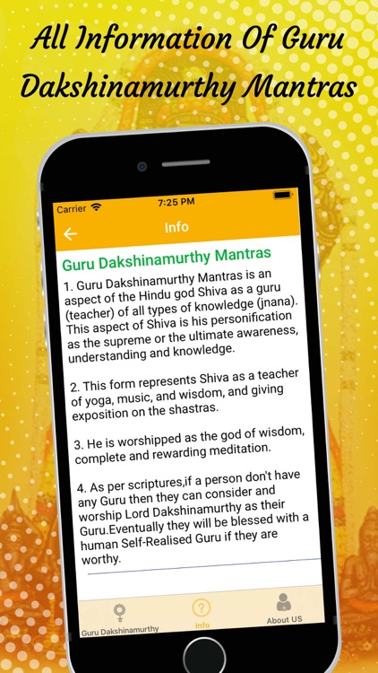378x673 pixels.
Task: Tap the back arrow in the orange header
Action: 70,234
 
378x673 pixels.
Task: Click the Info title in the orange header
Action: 176,227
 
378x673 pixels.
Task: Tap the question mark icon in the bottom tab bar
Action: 202,607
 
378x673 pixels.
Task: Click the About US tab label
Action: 284,619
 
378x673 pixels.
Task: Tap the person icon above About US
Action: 283,602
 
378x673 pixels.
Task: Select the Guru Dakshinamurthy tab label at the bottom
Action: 120,630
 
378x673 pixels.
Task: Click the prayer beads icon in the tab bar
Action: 118,613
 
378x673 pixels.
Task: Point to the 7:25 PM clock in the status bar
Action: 176,202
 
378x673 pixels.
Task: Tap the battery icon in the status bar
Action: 283,196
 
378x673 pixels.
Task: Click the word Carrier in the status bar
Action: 72,209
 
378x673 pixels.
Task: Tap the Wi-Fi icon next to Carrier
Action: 96,207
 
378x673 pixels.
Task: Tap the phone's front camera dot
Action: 142,166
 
